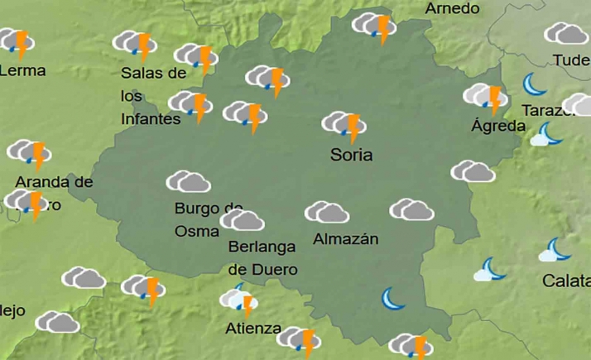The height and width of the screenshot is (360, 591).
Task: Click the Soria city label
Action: (351, 155)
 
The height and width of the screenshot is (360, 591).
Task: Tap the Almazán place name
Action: (346, 239)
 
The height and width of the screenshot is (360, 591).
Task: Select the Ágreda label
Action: (497, 126)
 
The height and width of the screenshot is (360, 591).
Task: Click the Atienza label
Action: (253, 329)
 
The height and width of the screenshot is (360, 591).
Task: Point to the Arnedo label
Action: (452, 8)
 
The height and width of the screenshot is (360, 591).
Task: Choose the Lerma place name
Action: (22, 70)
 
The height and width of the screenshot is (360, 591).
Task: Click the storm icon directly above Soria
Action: (344, 126)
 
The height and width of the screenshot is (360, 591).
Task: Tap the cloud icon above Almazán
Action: (326, 213)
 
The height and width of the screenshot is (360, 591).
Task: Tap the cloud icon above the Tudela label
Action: (565, 34)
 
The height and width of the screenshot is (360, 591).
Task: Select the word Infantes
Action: (151, 118)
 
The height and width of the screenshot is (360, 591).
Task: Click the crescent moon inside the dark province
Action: (393, 298)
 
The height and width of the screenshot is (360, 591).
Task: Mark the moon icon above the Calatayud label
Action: (555, 250)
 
